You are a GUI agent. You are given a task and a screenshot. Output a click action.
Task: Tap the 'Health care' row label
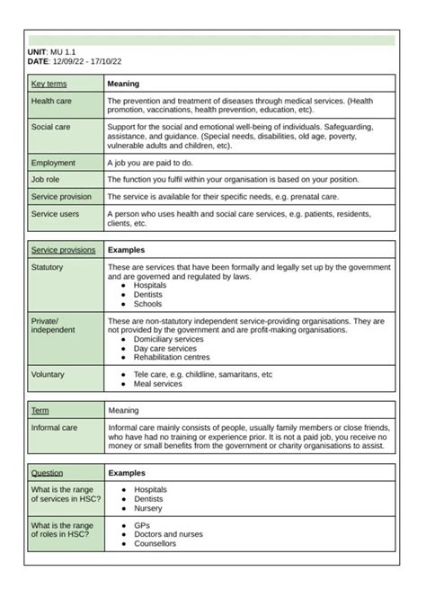click(x=51, y=101)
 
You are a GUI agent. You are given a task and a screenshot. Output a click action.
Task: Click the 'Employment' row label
click(x=53, y=163)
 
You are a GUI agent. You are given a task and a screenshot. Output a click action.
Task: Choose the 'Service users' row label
click(x=55, y=214)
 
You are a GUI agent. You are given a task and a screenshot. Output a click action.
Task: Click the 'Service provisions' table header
click(x=63, y=249)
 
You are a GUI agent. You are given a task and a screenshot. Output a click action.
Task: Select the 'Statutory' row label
click(x=49, y=267)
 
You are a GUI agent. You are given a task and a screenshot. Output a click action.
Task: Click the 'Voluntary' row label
click(x=49, y=374)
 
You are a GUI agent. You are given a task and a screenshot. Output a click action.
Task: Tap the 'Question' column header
click(x=48, y=472)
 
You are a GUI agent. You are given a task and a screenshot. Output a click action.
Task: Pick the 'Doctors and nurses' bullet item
click(x=168, y=534)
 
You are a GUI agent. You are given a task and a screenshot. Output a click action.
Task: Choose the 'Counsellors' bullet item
click(x=155, y=543)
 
